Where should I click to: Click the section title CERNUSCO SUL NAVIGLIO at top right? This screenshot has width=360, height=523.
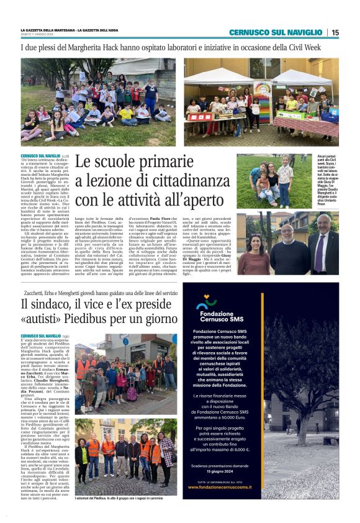click(x=275, y=32)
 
